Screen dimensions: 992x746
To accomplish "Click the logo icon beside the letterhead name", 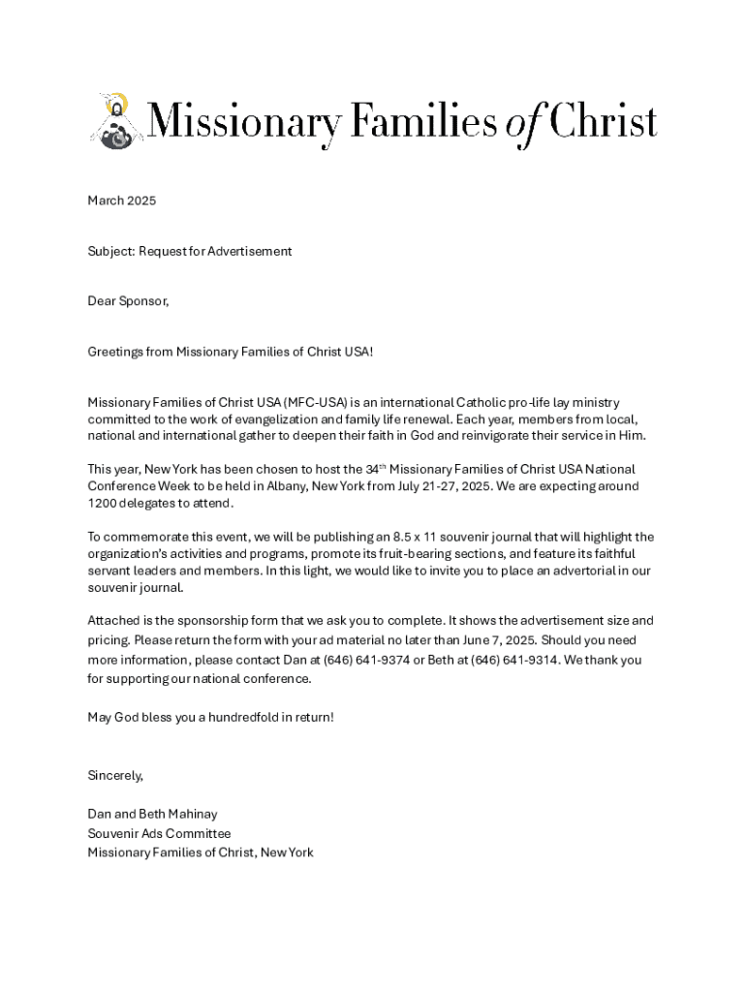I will coord(115,122).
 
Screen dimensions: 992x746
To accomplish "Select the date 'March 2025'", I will coord(121,201).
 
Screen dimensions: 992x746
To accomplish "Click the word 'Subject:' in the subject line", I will coord(110,251).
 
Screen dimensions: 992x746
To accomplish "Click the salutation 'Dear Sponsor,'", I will coord(128,301).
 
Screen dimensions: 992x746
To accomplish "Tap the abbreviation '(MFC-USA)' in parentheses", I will coord(316,402).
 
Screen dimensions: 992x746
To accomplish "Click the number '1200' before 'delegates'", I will coord(103,503).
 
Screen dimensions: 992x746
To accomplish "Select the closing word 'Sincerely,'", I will coord(115,775).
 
